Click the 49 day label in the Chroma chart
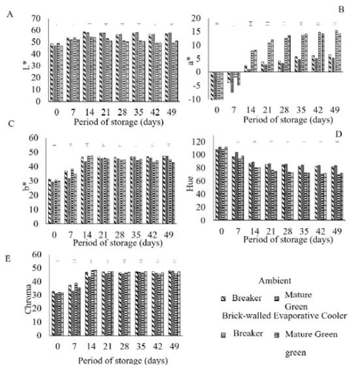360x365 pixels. coord(168,347)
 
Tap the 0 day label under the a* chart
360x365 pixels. coord(217,111)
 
